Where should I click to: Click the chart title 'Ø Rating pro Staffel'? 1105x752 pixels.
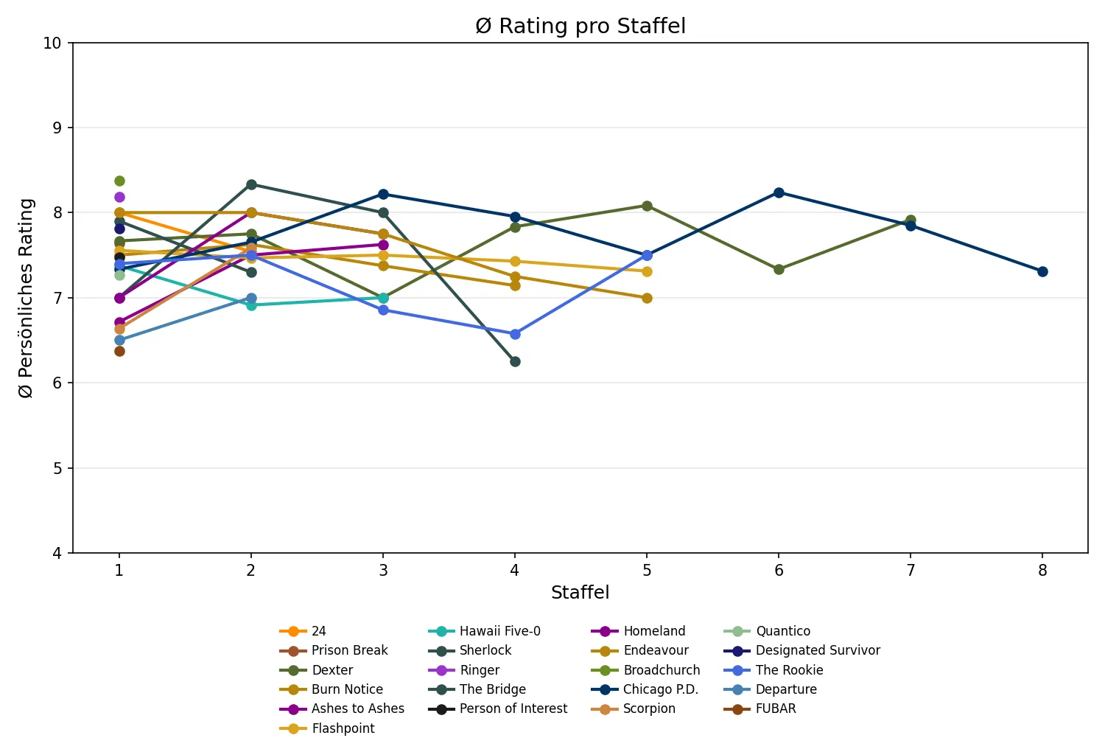[580, 27]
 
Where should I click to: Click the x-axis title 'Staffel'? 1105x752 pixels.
[580, 593]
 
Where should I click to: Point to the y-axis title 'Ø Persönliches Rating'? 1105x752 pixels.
[27, 298]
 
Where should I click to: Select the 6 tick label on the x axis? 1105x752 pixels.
[779, 570]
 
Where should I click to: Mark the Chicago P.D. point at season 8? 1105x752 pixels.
[1042, 271]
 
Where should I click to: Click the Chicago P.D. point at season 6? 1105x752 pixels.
[779, 192]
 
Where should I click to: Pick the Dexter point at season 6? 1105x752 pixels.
[779, 269]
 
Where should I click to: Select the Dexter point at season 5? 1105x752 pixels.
[647, 206]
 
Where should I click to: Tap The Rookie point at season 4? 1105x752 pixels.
[515, 334]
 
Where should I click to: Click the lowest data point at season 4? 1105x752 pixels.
[515, 361]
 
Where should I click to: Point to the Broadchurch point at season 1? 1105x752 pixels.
[119, 181]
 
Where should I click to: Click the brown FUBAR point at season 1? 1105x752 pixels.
[119, 351]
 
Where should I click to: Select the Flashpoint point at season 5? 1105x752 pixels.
[647, 271]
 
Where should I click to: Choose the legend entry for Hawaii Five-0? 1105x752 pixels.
[499, 631]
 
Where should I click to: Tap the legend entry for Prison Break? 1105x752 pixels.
[349, 650]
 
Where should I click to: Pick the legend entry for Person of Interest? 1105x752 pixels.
[513, 709]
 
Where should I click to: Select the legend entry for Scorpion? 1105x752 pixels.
[649, 709]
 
